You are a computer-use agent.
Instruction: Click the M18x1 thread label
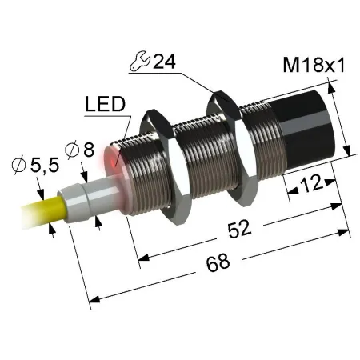pos(314,66)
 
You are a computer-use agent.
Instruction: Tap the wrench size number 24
pos(164,62)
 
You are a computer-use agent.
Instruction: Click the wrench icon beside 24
pos(140,62)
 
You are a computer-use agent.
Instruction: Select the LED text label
pos(105,104)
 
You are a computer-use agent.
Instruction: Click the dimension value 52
pos(239,229)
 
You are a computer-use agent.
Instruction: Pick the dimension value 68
pos(218,262)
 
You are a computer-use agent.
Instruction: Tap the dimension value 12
pos(311,184)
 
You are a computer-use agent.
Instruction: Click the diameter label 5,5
pos(45,166)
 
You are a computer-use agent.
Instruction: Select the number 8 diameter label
pos(89,150)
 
